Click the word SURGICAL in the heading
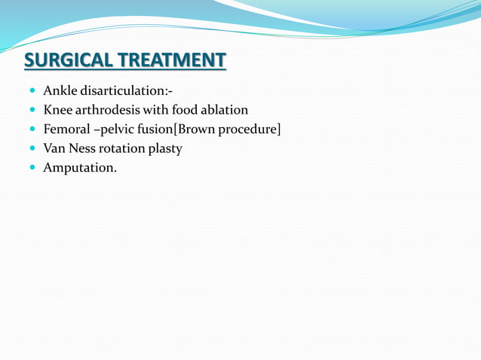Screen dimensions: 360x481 (70, 59)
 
